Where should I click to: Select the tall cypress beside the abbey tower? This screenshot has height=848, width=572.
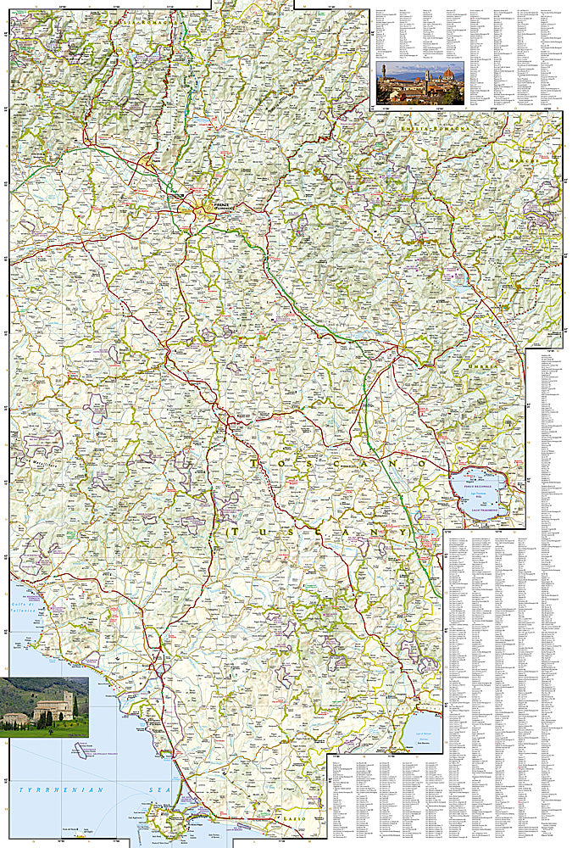(x=75, y=706)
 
